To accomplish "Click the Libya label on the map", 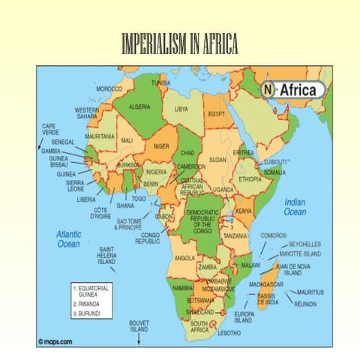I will point(181,109).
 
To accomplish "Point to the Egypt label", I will point(217,114).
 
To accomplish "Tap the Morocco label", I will point(109,88).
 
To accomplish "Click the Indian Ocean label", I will point(295,207).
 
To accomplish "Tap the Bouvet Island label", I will point(139,326).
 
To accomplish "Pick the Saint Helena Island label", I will point(107,256).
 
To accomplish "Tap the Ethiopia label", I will point(250,179).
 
